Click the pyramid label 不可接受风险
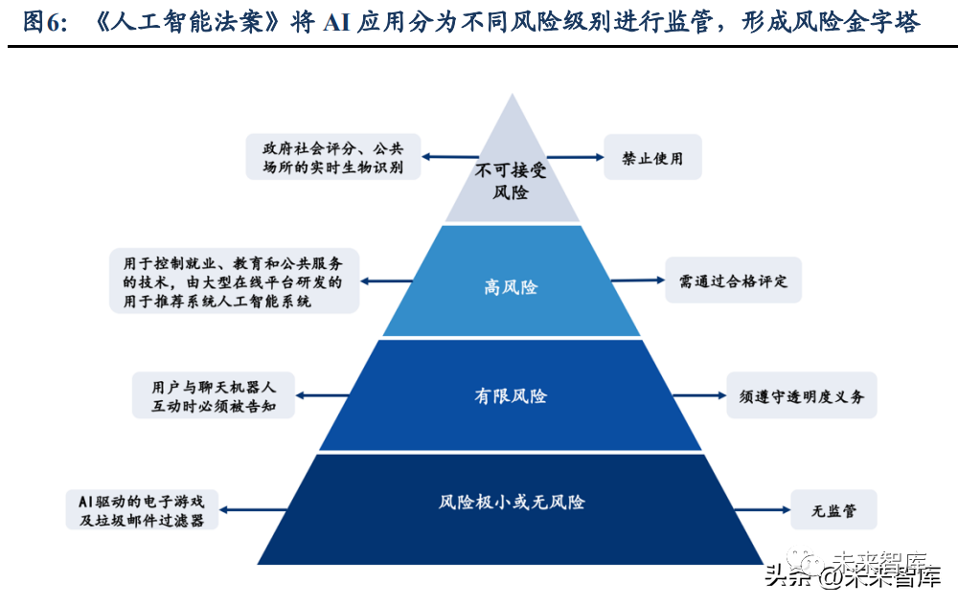[511, 181]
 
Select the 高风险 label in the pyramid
[511, 287]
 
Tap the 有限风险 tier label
[511, 396]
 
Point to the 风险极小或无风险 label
[512, 502]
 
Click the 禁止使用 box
[652, 158]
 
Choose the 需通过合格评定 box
[733, 280]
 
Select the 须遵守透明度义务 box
[801, 395]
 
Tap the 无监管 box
[833, 510]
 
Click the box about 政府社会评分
[333, 157]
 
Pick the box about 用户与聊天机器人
[214, 395]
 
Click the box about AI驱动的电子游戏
[142, 510]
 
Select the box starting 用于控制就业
[234, 280]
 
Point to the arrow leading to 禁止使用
[575, 157]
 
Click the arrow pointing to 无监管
[762, 509]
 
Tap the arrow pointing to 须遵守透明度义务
[699, 395]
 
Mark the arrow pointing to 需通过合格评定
[638, 280]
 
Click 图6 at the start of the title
[43, 23]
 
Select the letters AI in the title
[335, 23]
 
